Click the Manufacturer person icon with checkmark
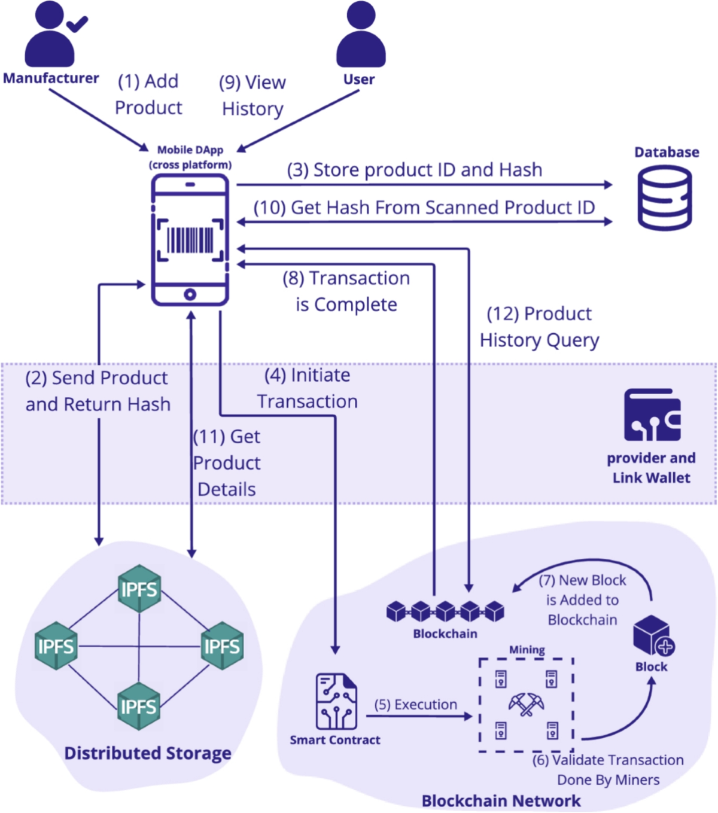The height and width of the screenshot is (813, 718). coord(53,35)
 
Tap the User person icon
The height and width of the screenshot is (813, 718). coord(360,35)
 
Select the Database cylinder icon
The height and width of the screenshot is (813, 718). coord(664,198)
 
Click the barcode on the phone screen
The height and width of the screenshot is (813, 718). coord(190,240)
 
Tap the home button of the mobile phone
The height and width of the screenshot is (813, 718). coord(190,294)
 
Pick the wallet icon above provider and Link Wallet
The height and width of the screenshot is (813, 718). coord(652,415)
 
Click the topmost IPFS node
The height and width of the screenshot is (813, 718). coord(139,589)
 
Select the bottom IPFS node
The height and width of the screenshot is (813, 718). coord(138,706)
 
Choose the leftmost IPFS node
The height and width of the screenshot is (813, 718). coord(56,646)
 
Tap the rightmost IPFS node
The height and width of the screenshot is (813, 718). coord(221,646)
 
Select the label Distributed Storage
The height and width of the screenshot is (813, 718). coord(148,753)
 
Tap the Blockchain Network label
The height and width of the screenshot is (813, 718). coord(501,800)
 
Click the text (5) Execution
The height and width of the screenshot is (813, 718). coord(415,705)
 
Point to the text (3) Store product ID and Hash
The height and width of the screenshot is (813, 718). coord(414,170)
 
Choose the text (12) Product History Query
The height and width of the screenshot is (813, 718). coord(539,327)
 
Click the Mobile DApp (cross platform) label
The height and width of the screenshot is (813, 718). coord(190,157)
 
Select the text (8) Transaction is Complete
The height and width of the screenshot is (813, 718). coord(346,291)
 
